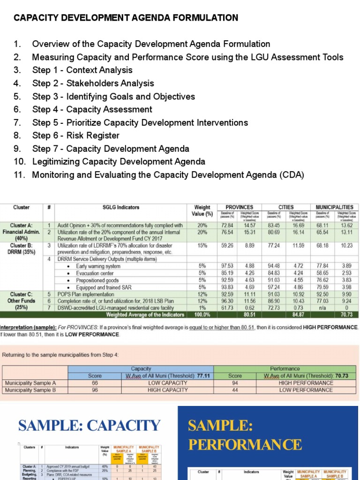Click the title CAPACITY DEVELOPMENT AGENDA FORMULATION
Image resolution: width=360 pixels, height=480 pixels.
point(126,18)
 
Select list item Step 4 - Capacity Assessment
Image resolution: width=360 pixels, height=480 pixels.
point(92,109)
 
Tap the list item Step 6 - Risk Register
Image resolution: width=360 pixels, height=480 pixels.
point(75,135)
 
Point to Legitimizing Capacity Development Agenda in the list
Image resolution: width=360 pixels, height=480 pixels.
point(119,162)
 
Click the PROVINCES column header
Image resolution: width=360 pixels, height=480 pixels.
point(239,207)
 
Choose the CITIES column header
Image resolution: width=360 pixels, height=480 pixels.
point(285,207)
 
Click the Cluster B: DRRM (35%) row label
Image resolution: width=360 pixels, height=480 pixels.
point(21,248)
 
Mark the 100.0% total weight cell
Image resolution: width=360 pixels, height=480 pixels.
point(202,315)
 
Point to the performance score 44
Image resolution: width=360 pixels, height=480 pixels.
point(235,390)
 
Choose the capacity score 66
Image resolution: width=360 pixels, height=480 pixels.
point(95,383)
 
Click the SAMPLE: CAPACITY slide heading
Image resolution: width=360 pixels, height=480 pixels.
point(89,426)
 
